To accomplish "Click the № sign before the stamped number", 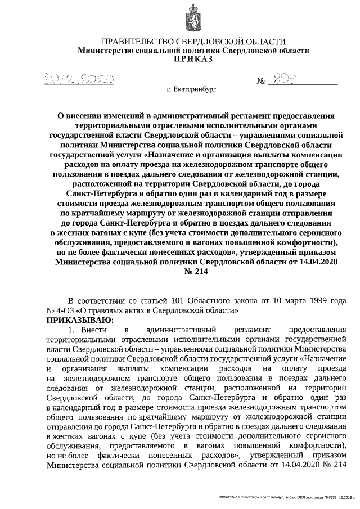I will pos(260,82).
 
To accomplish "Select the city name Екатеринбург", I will pos(195,89).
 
